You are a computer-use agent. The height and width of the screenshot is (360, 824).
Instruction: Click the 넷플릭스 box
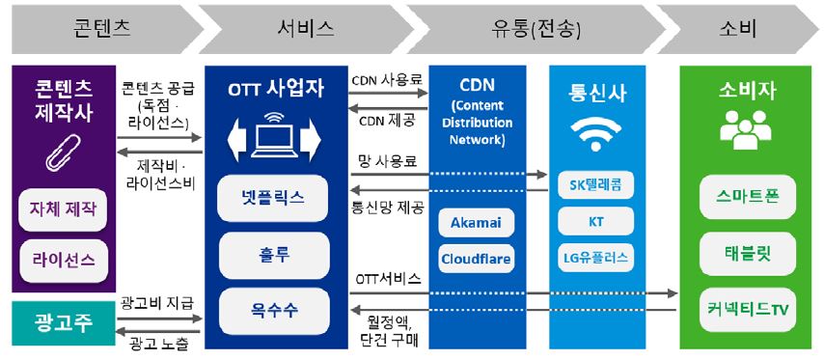tap(274, 197)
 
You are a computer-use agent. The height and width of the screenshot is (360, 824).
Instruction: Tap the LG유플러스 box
tap(595, 259)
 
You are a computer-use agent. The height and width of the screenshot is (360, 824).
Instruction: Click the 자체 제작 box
tap(63, 209)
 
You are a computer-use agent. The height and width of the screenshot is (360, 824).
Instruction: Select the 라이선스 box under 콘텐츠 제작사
tap(63, 260)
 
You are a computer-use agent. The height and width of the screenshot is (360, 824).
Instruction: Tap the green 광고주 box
tap(63, 322)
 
